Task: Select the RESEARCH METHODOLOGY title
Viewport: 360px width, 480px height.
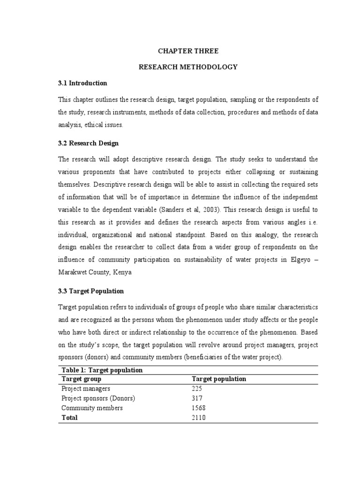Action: [x=188, y=67]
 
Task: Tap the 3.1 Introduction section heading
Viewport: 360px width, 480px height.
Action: [x=82, y=83]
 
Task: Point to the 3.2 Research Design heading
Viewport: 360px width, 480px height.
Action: [x=88, y=143]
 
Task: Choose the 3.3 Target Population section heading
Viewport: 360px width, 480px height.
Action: [x=91, y=291]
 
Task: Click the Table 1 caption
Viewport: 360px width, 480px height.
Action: [x=102, y=370]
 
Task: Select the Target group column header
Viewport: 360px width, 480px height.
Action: [x=82, y=379]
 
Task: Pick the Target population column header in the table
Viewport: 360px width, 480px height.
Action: [x=219, y=379]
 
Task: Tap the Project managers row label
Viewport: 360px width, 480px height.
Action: [x=86, y=389]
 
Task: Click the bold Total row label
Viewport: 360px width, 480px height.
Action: [x=70, y=418]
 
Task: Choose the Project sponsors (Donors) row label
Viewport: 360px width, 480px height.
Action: [x=98, y=398]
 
